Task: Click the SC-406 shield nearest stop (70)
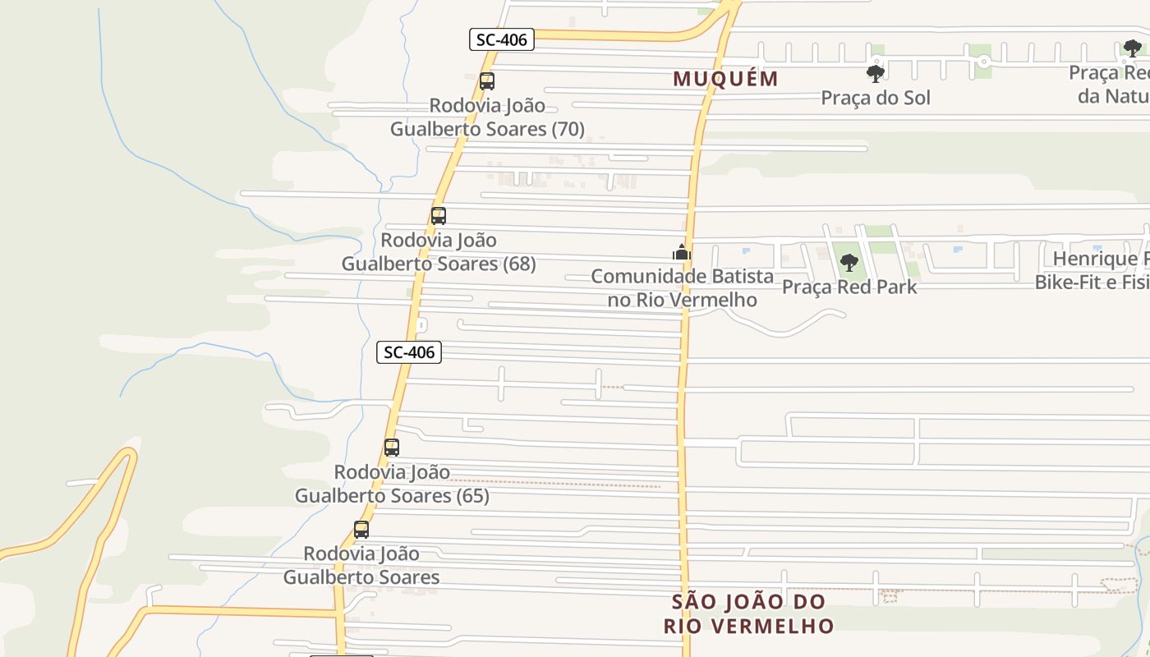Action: coord(502,39)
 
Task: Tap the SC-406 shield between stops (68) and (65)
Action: coord(409,352)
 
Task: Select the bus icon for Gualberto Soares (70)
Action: coord(487,81)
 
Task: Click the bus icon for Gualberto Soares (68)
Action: coord(439,216)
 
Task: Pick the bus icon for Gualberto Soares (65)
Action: coord(392,448)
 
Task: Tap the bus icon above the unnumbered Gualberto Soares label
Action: coord(361,530)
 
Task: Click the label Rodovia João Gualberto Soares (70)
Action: coord(487,117)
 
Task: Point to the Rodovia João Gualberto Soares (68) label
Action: coord(439,252)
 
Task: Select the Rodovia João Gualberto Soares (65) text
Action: coord(392,484)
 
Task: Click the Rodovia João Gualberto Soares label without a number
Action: coord(361,565)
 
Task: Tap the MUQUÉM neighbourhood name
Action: coord(725,79)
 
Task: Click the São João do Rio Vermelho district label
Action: coord(748,613)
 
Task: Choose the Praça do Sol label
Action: coord(876,98)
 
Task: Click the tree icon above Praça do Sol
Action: coord(876,74)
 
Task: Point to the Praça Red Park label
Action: coord(849,287)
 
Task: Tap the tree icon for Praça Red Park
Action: coord(849,263)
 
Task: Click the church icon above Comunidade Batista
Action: coord(682,252)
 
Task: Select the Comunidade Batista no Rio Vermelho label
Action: coord(682,287)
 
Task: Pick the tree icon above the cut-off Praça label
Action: coord(1133,48)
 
